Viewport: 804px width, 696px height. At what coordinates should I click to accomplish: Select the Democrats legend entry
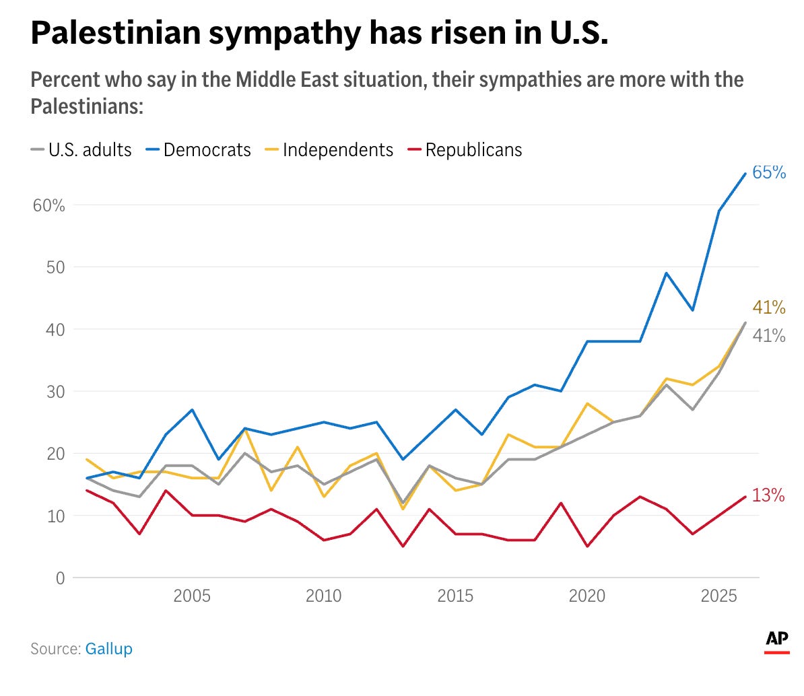(x=207, y=149)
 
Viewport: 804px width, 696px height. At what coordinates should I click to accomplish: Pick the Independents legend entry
(x=337, y=149)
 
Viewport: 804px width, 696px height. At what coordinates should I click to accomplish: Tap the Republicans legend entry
(x=473, y=149)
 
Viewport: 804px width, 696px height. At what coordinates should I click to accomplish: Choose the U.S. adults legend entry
(x=90, y=149)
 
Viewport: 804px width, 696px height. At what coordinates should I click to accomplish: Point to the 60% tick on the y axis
(x=49, y=205)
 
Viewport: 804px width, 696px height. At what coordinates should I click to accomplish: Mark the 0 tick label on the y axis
(x=61, y=578)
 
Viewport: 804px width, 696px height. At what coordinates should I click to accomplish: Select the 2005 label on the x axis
(x=192, y=596)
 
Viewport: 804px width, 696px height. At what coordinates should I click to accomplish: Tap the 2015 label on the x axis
(x=456, y=596)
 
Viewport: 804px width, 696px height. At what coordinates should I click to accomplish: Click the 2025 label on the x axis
(x=719, y=596)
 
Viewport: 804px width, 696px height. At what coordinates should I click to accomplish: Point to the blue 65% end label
(x=769, y=172)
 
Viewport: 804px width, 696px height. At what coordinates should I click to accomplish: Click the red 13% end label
(x=768, y=495)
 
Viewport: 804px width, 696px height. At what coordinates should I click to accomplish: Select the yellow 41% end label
(x=769, y=308)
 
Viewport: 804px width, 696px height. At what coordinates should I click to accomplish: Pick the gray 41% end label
(x=769, y=335)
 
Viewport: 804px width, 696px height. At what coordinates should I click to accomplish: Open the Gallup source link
(x=108, y=649)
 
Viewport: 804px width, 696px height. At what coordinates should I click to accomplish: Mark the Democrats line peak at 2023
(x=666, y=273)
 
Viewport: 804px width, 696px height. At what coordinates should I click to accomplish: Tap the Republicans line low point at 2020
(x=587, y=546)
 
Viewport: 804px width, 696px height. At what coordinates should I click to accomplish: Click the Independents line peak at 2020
(x=587, y=403)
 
